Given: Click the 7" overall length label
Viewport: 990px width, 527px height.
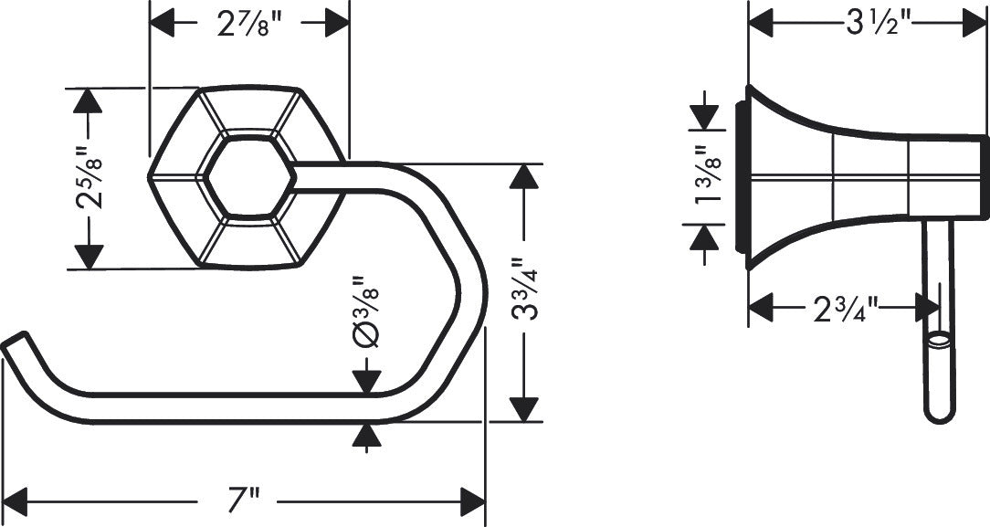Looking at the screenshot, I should [x=244, y=501].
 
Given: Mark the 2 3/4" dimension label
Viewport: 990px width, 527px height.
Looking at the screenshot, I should [x=845, y=309].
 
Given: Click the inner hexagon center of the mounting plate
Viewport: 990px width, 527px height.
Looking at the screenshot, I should [x=248, y=177].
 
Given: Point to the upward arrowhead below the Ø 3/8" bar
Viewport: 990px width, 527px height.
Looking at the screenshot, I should [x=366, y=437].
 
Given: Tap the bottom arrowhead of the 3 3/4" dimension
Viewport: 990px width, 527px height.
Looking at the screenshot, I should [x=523, y=409].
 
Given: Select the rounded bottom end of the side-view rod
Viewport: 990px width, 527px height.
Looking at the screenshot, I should [x=939, y=415].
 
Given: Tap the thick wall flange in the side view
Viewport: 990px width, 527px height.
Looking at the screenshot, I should [x=742, y=177].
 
